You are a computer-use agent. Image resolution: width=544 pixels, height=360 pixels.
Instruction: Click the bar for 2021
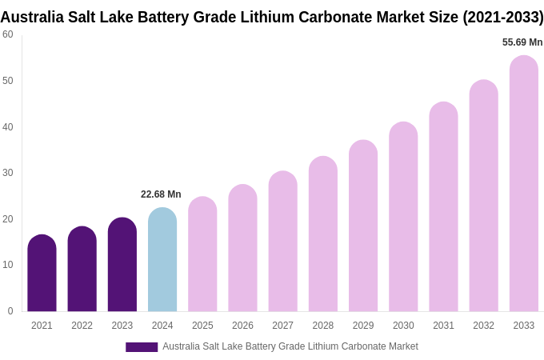coord(42,273)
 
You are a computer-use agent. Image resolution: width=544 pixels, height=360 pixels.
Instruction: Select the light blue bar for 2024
coord(162,259)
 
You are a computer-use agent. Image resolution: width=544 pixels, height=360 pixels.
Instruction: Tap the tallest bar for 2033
coord(524,183)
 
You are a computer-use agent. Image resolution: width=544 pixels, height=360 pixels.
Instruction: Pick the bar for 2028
coord(323,234)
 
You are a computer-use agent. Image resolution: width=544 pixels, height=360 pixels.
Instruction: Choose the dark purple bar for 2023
coord(122,264)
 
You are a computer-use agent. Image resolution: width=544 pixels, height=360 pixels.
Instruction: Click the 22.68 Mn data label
coord(161,194)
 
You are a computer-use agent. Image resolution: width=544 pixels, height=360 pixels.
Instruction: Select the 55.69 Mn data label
coord(522,42)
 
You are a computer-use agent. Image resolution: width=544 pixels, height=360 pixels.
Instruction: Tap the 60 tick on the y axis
coord(8,34)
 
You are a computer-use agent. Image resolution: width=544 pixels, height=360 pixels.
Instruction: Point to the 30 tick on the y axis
coord(8,173)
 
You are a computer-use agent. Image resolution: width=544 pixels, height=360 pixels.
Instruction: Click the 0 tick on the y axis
coord(10,311)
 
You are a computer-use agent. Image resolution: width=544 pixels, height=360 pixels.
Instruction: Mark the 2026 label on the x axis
coord(242,326)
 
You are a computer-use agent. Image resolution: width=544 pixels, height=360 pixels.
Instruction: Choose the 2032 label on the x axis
coord(483,326)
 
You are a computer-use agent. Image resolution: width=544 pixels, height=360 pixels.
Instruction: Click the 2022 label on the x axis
coord(82,326)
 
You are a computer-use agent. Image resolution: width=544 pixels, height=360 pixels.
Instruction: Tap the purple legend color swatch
coord(142,347)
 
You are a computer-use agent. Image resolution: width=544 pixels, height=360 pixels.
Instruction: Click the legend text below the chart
coord(290,346)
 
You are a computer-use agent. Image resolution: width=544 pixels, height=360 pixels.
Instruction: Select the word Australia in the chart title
coord(30,17)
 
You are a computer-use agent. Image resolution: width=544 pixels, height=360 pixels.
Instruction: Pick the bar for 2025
coord(202,254)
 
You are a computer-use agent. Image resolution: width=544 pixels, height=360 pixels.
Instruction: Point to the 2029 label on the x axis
coord(363,326)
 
